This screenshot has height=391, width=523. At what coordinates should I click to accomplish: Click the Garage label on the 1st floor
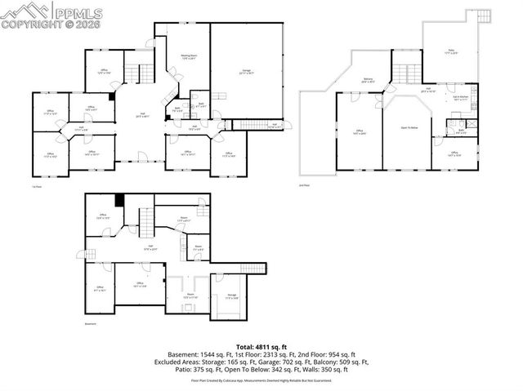(x=246, y=71)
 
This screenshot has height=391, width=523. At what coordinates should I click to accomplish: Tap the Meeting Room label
(x=189, y=57)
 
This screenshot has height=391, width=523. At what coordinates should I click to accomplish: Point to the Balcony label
(x=368, y=80)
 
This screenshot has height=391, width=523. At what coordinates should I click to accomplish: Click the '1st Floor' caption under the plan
(x=36, y=187)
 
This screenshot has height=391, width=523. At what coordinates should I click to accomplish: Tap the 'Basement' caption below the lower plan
(x=90, y=323)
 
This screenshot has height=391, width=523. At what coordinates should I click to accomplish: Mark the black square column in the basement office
(x=119, y=199)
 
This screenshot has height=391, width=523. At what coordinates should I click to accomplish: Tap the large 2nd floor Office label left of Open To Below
(x=360, y=131)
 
